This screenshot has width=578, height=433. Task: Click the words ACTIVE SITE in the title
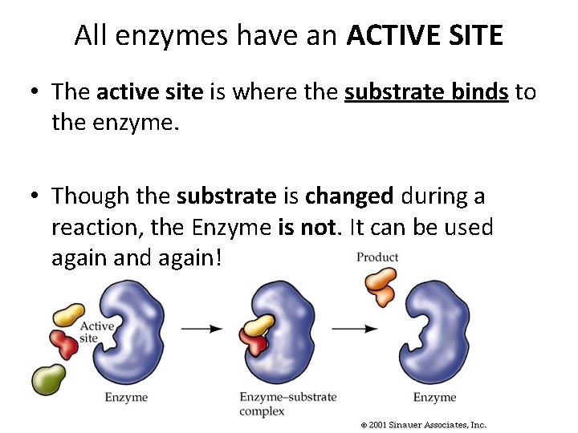point(425,35)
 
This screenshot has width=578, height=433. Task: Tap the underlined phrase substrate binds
point(426,92)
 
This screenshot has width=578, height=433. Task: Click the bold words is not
point(309,227)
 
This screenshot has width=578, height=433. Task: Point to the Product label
point(377,257)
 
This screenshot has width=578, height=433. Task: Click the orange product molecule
point(381,285)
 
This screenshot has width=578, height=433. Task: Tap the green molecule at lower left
point(49,378)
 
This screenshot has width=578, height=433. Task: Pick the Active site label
point(97,331)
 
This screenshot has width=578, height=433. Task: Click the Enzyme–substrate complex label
point(287,403)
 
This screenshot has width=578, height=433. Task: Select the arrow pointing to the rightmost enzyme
point(354,328)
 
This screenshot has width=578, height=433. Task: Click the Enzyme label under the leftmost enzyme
point(126,397)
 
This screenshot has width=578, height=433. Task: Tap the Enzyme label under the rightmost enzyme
point(434,397)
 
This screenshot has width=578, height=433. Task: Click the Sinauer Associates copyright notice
point(424,424)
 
